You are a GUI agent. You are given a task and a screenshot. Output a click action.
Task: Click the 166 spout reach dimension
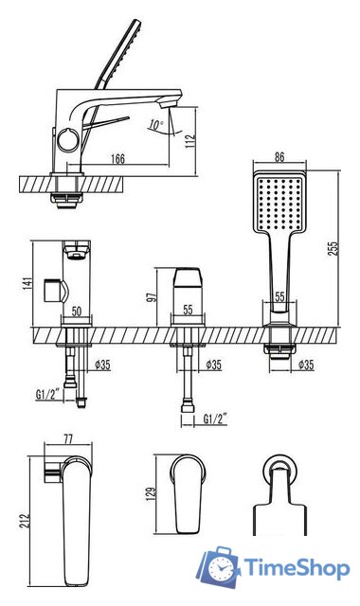(x=117, y=158)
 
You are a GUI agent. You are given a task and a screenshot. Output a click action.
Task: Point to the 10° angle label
(x=155, y=125)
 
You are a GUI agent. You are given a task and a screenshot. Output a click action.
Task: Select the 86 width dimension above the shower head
(x=279, y=156)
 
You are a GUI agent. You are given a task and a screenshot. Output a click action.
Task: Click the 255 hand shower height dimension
(x=333, y=248)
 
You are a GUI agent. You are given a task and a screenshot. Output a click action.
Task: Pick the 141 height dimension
(x=27, y=283)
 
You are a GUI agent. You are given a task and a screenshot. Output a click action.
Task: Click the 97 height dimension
(x=152, y=296)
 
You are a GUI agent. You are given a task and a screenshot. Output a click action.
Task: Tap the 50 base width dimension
(x=77, y=312)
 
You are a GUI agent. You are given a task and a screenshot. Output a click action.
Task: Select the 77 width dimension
(x=68, y=439)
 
